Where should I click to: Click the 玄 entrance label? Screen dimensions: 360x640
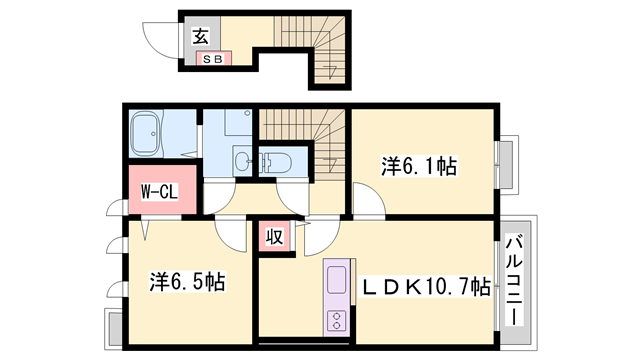pos(199,38)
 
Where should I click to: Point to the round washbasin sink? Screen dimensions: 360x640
pos(241,161)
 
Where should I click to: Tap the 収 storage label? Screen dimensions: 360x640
pos(273,237)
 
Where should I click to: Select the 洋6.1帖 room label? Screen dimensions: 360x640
pos(419,165)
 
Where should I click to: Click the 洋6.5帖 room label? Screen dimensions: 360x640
pos(187,281)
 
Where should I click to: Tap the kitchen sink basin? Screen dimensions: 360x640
pos(335,283)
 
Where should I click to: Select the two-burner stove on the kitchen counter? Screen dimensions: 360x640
pos(335,321)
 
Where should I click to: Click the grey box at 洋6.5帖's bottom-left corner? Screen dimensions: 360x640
pos(112,326)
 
